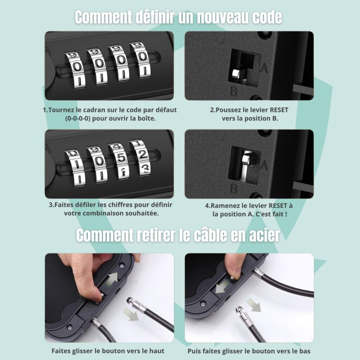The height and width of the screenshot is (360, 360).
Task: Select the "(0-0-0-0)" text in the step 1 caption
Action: pos(78,118)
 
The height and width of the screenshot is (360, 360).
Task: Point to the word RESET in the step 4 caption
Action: pos(280,206)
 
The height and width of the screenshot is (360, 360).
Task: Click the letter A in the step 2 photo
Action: pos(264,68)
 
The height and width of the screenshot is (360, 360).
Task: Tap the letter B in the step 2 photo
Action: pos(233,92)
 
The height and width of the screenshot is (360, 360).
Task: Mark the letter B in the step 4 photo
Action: pos(233,189)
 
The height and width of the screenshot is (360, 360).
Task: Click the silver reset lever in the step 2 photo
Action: pos(236,73)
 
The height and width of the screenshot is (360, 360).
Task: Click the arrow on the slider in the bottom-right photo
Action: pos(220,288)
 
